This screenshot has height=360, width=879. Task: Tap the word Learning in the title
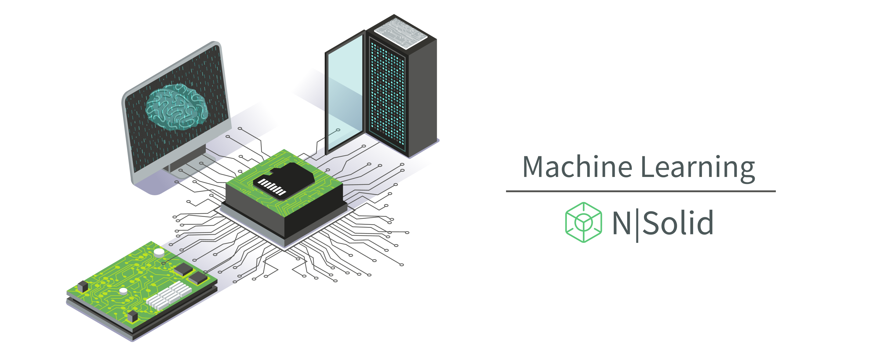tap(698, 167)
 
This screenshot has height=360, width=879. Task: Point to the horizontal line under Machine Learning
tap(641, 191)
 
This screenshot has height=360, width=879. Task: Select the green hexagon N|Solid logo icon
tap(583, 222)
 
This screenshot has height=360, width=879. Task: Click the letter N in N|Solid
tap(621, 223)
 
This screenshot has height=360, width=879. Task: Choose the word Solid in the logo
tap(678, 223)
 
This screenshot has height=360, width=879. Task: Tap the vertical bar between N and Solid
tap(637, 225)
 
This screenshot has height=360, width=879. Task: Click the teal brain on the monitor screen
tap(176, 107)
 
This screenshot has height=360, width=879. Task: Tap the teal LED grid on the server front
tap(387, 94)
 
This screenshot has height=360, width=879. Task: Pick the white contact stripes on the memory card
tap(272, 187)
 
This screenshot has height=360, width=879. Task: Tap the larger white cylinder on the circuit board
tap(159, 253)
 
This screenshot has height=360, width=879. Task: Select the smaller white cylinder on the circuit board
tap(123, 291)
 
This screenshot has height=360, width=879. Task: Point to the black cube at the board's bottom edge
tap(132, 316)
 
